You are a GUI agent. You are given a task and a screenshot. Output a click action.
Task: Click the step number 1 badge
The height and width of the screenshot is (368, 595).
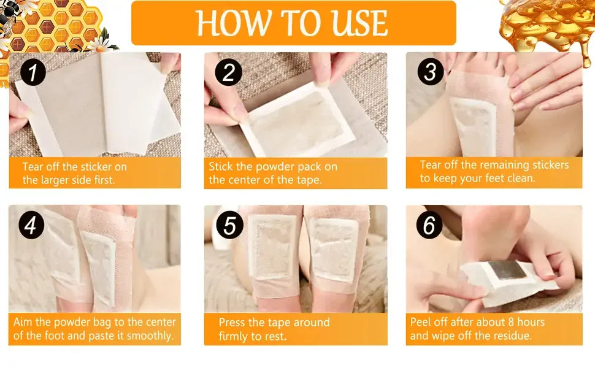(x=33, y=73)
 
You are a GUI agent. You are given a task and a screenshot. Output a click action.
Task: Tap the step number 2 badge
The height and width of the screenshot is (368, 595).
(x=228, y=73)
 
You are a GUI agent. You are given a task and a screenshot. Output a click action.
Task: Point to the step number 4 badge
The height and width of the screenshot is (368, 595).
(x=31, y=225)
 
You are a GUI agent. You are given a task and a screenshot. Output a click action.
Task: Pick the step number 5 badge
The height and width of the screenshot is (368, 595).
(x=229, y=225)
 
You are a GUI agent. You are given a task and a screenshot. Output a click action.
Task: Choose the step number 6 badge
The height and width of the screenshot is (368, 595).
(x=429, y=225)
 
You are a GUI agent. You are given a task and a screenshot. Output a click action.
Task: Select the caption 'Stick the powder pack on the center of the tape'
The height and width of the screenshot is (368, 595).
(x=273, y=173)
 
